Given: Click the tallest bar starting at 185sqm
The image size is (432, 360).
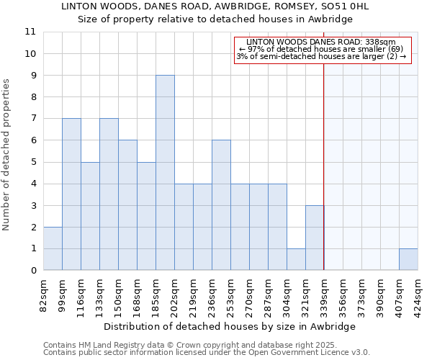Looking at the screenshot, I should tap(165, 173).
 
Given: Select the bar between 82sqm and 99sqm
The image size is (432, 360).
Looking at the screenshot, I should tap(53, 248).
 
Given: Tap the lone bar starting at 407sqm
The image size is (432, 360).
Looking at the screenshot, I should tap(408, 259).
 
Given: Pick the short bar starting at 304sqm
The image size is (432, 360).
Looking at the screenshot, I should tap(296, 259).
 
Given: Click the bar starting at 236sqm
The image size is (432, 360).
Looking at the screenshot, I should tap(221, 205).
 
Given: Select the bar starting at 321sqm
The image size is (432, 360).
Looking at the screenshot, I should tap(315, 238).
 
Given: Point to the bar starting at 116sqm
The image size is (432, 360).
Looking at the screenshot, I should tap(90, 216).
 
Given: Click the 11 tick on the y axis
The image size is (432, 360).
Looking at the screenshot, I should tap(30, 32).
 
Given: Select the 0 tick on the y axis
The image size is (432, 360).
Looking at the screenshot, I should tap(33, 271).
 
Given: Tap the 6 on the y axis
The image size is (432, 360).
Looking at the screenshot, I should tap(33, 140).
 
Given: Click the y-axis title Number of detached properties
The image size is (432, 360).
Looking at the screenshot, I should tap(7, 156).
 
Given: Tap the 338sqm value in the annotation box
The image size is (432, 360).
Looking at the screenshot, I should tap(382, 42).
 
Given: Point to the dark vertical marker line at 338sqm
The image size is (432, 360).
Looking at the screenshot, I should tap(324, 166).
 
